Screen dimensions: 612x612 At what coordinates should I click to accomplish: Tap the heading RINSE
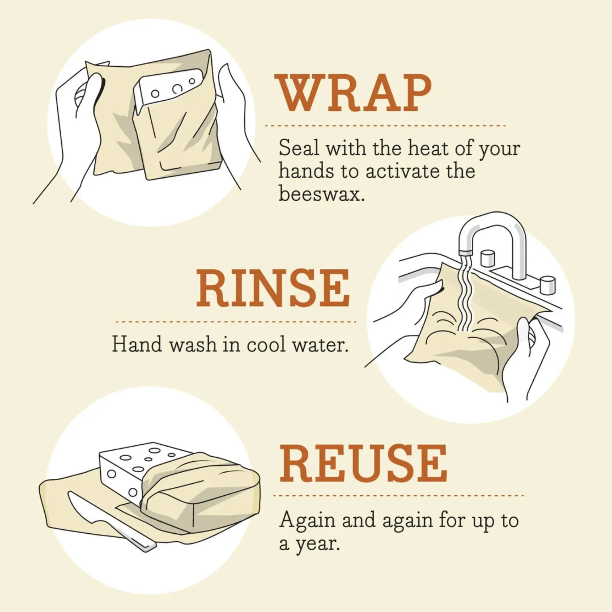(273, 289)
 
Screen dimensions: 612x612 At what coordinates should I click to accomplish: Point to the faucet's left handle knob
(487, 258)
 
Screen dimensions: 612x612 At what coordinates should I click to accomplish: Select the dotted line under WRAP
(385, 126)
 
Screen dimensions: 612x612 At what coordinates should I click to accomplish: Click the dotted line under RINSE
(236, 322)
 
